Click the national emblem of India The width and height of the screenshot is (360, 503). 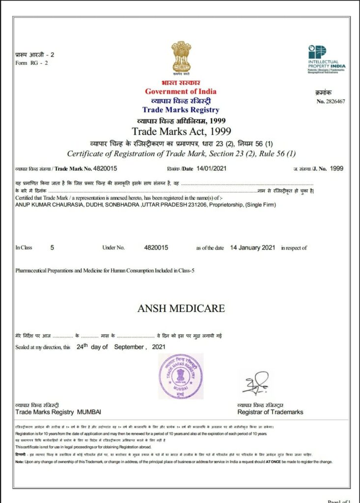tap(181, 57)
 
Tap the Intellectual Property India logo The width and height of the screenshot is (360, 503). tap(327, 58)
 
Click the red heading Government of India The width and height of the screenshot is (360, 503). tap(180, 91)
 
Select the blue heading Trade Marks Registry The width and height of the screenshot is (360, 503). tap(180, 110)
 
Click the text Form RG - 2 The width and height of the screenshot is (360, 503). tap(28, 62)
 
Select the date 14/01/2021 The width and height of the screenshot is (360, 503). tap(210, 168)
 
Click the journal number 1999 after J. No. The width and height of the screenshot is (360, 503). tap(336, 168)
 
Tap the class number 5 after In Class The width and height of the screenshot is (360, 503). tap(53, 248)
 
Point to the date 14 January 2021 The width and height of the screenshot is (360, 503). tap(252, 248)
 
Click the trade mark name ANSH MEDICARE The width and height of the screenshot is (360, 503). tap(181, 308)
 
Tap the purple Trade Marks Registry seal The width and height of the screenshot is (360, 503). tap(180, 376)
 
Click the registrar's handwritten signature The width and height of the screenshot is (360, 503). tap(255, 382)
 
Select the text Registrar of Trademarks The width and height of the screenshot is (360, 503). tap(270, 412)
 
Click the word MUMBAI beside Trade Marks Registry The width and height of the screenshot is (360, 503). tap(89, 412)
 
